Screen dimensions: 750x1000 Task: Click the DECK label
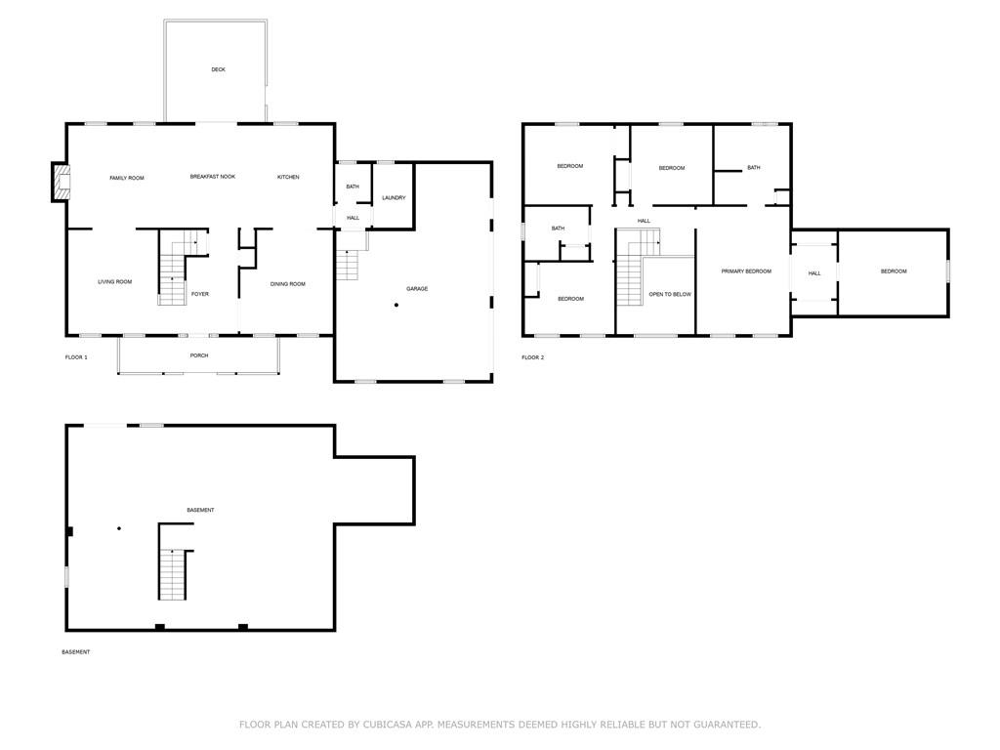click(x=218, y=69)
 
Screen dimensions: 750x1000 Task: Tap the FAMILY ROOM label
click(x=127, y=178)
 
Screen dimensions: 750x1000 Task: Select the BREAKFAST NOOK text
click(x=212, y=177)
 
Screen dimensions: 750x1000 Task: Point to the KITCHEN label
click(x=288, y=177)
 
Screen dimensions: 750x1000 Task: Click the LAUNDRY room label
click(x=394, y=198)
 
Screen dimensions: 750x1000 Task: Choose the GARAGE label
click(x=417, y=289)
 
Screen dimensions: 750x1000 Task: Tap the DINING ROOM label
click(x=288, y=284)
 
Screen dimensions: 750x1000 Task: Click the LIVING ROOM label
click(x=114, y=282)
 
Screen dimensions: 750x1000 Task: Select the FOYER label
click(x=199, y=294)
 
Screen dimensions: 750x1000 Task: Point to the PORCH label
click(x=199, y=355)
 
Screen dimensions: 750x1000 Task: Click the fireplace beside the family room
click(x=61, y=183)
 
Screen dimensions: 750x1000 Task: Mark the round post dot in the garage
click(x=396, y=306)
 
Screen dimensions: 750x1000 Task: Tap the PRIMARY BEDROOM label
click(x=746, y=271)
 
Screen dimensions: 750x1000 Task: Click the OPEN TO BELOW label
click(x=670, y=294)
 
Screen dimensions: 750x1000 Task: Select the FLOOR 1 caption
click(x=76, y=357)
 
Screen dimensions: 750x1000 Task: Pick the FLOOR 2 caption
click(x=532, y=357)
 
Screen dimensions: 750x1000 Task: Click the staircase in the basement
click(x=172, y=574)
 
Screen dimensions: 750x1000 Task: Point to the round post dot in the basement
click(x=119, y=528)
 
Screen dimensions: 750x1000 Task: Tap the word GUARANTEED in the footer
click(x=723, y=725)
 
